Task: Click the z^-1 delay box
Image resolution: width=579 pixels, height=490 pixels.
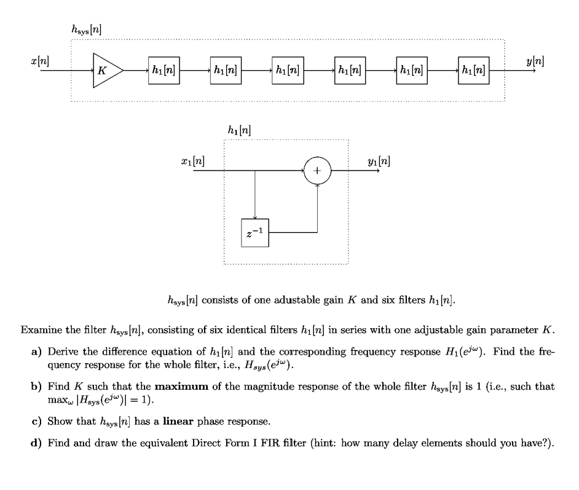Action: pos(254,233)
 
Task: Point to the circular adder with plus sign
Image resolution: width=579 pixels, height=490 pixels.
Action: pos(317,171)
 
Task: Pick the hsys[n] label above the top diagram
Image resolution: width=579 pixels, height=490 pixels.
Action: pos(85,29)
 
